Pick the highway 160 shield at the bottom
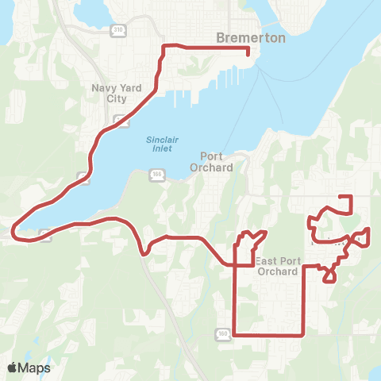(x=223, y=333)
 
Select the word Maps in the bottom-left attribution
(x=36, y=368)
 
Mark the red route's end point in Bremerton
(x=248, y=54)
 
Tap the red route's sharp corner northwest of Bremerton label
(x=164, y=47)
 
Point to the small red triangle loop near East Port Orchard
(x=329, y=275)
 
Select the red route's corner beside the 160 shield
(x=234, y=335)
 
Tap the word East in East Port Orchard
(x=267, y=260)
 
